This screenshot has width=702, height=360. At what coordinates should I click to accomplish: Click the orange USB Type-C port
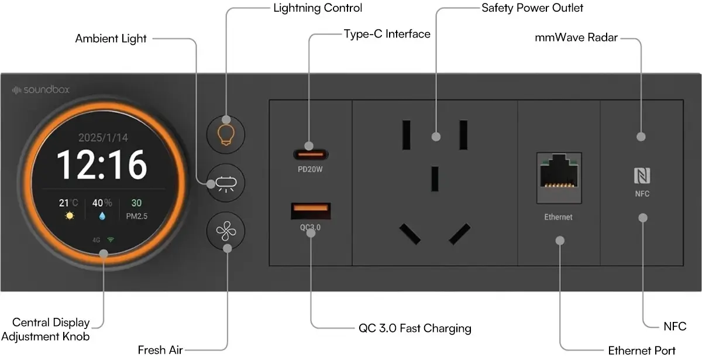coord(311,155)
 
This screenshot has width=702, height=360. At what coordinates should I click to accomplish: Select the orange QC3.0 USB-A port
coord(311,211)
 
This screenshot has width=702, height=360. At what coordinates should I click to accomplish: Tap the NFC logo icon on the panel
coord(641,176)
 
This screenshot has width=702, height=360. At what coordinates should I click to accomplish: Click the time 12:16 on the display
coord(102,165)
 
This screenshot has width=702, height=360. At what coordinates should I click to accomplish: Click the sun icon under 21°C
coord(70,216)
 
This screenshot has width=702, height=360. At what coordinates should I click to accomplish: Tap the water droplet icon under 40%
coord(102,216)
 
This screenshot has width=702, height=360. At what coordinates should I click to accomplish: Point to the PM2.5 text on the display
coord(136,216)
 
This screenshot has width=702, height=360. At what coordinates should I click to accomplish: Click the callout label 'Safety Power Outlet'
coord(532,8)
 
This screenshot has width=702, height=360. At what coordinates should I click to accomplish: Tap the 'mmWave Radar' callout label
coord(576,39)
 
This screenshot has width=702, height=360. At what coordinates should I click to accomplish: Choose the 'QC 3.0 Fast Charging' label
coord(415,328)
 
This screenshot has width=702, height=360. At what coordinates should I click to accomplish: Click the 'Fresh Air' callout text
coord(160,350)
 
